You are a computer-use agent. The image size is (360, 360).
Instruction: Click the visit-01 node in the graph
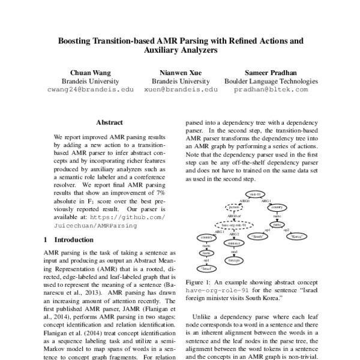pos(254,194)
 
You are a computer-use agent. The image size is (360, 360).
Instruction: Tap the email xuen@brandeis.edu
pos(181,89)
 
